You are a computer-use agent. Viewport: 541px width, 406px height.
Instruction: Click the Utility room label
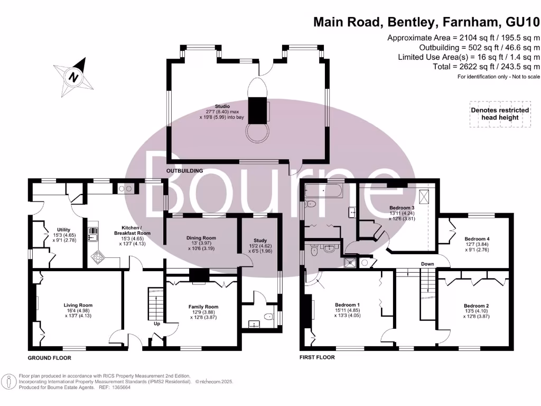pyautogui.click(x=63, y=229)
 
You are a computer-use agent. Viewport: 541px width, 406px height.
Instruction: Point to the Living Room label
pyautogui.click(x=78, y=305)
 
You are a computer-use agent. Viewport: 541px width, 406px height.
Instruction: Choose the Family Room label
pyautogui.click(x=203, y=307)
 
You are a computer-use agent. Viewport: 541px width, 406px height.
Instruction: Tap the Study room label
pyautogui.click(x=259, y=239)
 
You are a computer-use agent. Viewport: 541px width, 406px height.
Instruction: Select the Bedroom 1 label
pyautogui.click(x=348, y=305)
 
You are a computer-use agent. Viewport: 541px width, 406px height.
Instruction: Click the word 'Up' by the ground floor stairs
pyautogui.click(x=157, y=324)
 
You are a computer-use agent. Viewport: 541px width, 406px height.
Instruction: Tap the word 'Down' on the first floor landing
pyautogui.click(x=427, y=264)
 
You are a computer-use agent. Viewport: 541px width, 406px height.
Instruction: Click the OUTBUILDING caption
pyautogui.click(x=185, y=171)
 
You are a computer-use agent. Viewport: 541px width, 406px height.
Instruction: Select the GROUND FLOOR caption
pyautogui.click(x=49, y=358)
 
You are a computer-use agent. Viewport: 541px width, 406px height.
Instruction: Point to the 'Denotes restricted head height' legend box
pyautogui.click(x=500, y=114)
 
